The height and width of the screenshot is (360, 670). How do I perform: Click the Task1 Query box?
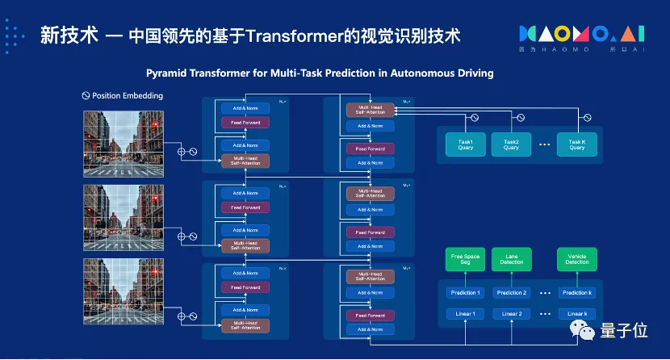tap(454, 144)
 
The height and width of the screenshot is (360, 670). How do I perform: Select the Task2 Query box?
tap(511, 144)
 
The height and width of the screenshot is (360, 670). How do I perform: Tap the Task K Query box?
tap(576, 144)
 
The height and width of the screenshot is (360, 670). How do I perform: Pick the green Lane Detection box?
tap(512, 259)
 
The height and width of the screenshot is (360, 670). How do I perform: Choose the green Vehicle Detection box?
tap(577, 259)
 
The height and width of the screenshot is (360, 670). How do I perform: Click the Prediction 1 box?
tap(466, 293)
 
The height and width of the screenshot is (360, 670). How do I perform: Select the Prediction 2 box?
tap(512, 293)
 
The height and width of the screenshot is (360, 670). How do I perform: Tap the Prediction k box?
tap(577, 293)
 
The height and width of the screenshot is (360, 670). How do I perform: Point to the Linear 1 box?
tap(466, 313)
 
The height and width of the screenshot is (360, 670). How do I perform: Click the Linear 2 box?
tap(512, 313)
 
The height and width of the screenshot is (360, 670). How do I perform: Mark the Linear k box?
tap(577, 313)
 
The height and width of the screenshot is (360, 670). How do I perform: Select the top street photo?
tap(124, 138)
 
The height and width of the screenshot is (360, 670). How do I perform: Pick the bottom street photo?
tap(124, 290)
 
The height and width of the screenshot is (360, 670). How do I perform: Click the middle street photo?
tap(124, 214)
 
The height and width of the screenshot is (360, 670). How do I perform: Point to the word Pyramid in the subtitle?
tap(168, 73)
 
